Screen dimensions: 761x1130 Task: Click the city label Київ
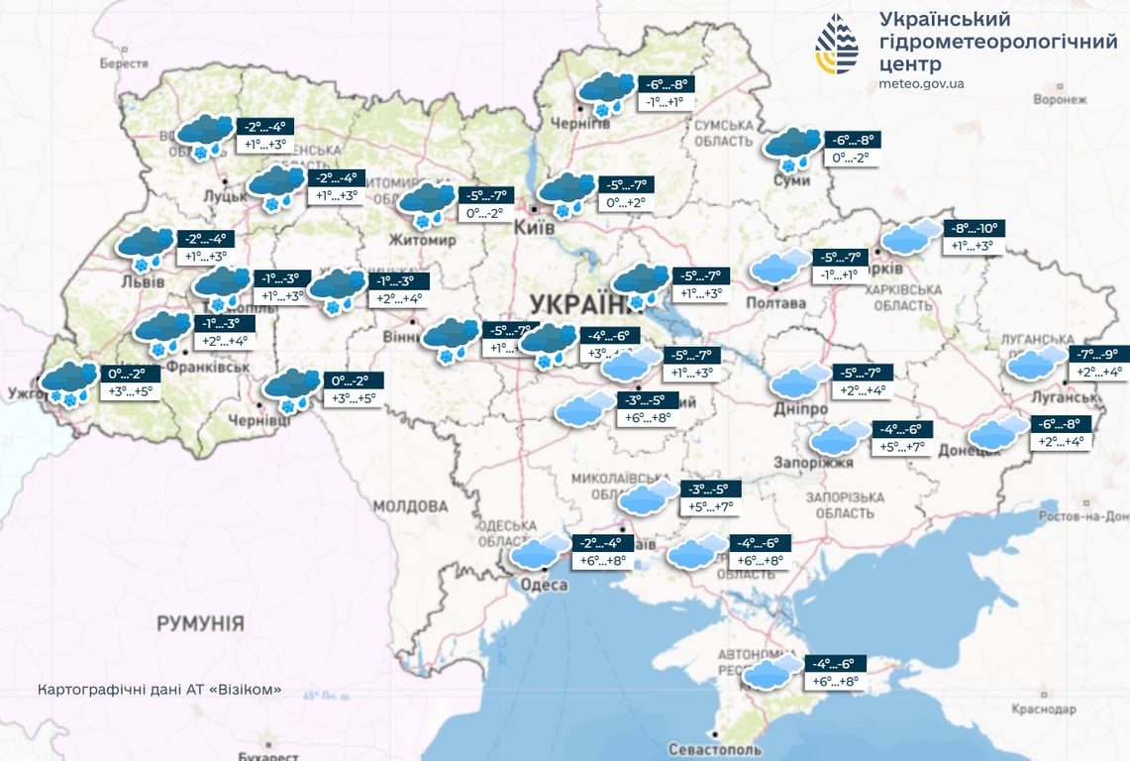[535, 227]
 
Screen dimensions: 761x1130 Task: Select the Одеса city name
[543, 585]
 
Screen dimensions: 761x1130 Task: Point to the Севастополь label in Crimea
[715, 748]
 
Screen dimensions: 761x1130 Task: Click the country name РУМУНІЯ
[200, 623]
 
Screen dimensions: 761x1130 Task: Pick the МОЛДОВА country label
[411, 506]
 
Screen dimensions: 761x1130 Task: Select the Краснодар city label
[1044, 709]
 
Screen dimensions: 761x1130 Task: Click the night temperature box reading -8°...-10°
[974, 228]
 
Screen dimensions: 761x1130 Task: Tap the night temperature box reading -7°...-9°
[1098, 354]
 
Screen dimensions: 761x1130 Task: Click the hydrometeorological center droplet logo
[837, 45]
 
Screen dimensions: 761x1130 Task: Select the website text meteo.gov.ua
[921, 84]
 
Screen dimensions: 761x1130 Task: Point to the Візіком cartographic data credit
[158, 689]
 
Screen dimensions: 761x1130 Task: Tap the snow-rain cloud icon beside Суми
[791, 148]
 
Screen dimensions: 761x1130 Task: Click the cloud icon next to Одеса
[540, 552]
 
